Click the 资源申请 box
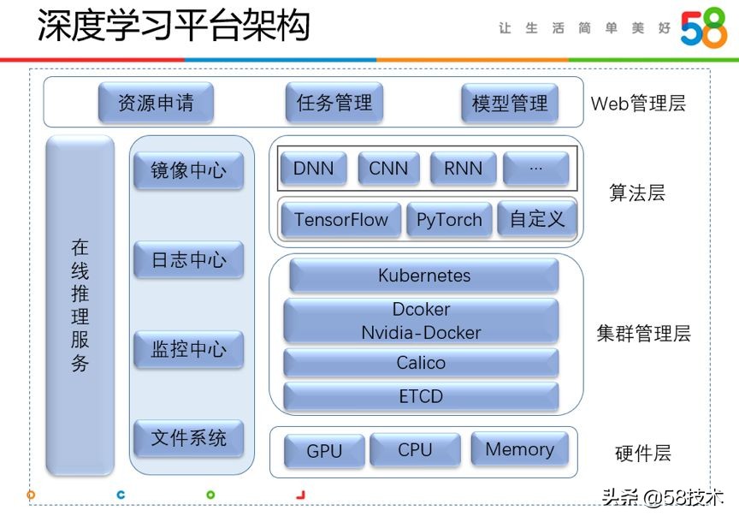[156, 104]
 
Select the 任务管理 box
[334, 104]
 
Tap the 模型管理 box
[510, 104]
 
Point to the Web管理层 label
[638, 104]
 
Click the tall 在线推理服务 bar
[80, 305]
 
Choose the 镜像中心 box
[189, 170]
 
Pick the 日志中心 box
[189, 260]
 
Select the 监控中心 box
[189, 349]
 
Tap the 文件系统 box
[189, 438]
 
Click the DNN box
[313, 169]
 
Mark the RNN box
[463, 169]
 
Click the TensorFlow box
[340, 220]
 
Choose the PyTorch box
[449, 220]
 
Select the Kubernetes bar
[423, 276]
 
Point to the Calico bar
[421, 363]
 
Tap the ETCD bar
[421, 397]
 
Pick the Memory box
[519, 449]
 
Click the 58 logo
[703, 29]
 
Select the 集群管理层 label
[643, 334]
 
